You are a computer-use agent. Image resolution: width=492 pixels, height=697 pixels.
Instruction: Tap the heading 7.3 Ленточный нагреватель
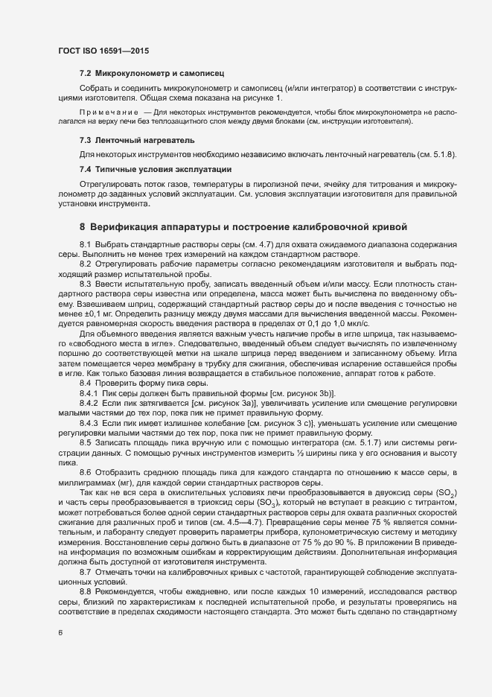(x=127, y=140)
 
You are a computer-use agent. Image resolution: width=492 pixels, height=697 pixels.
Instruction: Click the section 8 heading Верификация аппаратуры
(x=242, y=226)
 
